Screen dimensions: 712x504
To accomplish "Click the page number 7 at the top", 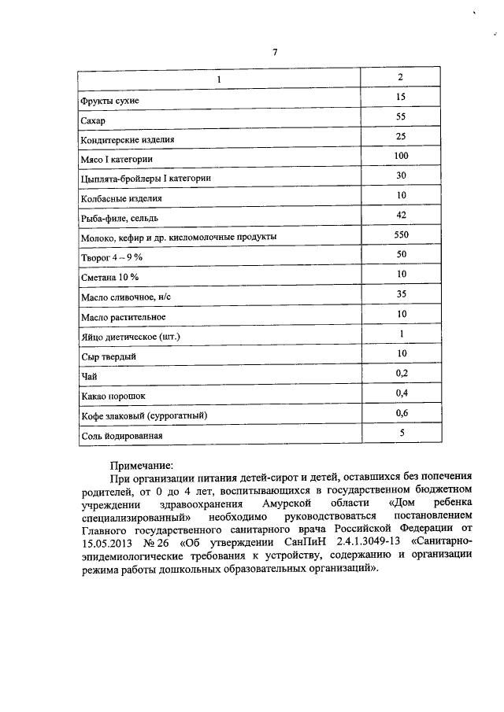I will (x=275, y=52).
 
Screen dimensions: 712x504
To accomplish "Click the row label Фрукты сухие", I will (x=109, y=101).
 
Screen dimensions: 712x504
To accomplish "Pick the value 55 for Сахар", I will (x=400, y=117).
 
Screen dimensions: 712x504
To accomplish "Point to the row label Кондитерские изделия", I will (x=127, y=141).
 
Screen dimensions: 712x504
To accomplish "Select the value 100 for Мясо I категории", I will (x=400, y=157).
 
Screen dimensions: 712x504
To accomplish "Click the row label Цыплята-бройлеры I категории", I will (x=145, y=179).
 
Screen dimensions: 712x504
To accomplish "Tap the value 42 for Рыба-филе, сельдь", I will (x=400, y=215).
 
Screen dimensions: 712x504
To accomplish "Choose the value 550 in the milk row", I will (x=400, y=235).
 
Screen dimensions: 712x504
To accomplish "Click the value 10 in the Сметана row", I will (x=400, y=274).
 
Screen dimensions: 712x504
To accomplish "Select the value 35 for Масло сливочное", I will (x=400, y=293).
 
